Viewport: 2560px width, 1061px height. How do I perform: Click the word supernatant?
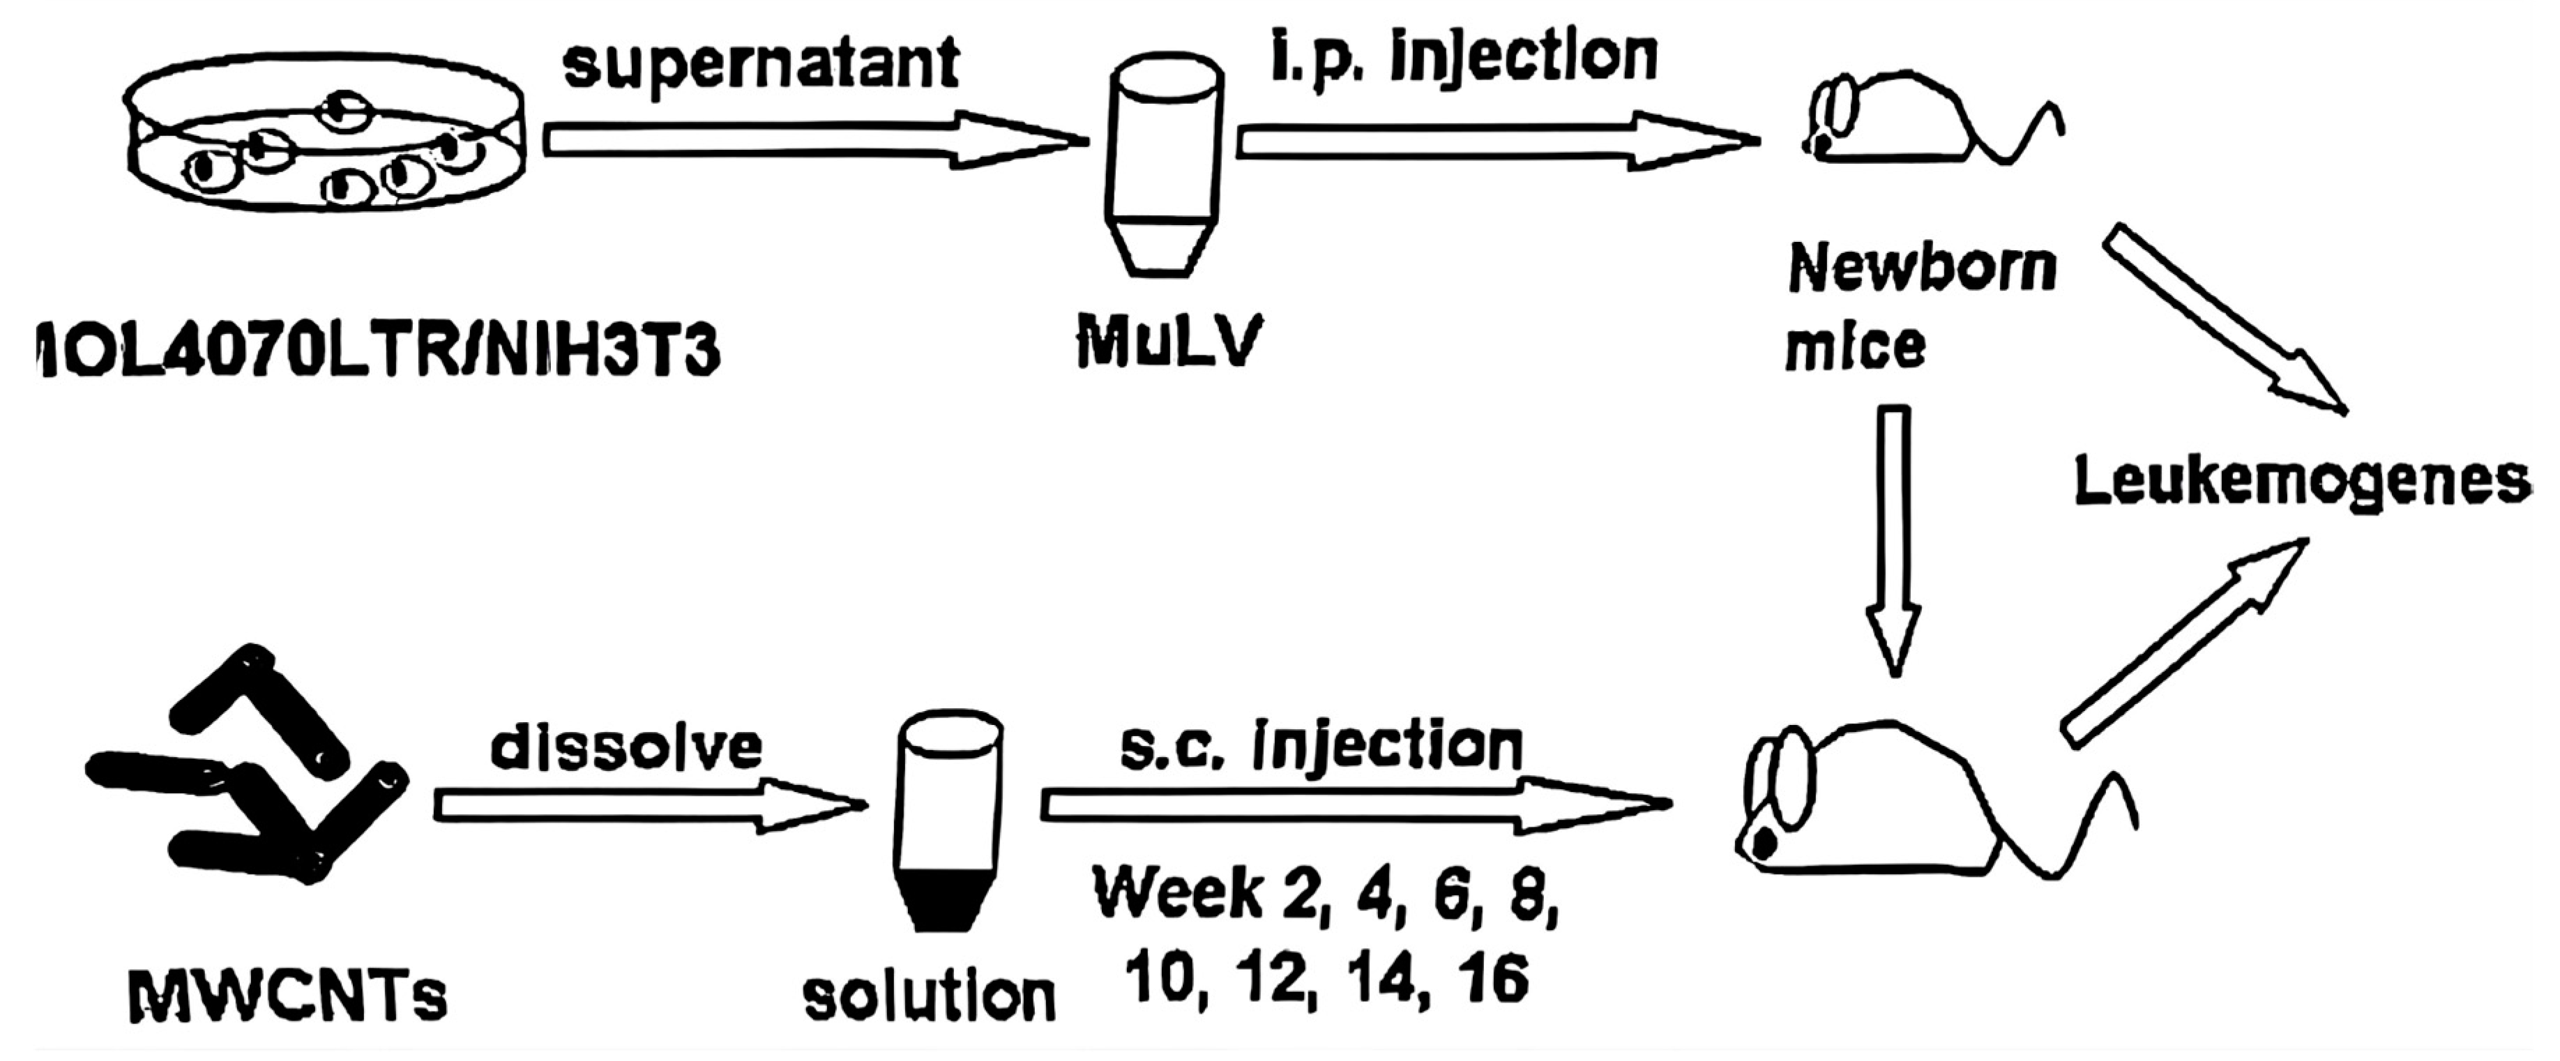(x=762, y=66)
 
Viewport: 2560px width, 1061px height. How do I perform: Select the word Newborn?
(x=1922, y=268)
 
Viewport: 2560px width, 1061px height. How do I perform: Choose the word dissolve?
(x=626, y=747)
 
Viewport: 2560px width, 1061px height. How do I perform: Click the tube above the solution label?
(x=949, y=820)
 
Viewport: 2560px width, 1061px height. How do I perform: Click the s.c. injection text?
(x=1321, y=747)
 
